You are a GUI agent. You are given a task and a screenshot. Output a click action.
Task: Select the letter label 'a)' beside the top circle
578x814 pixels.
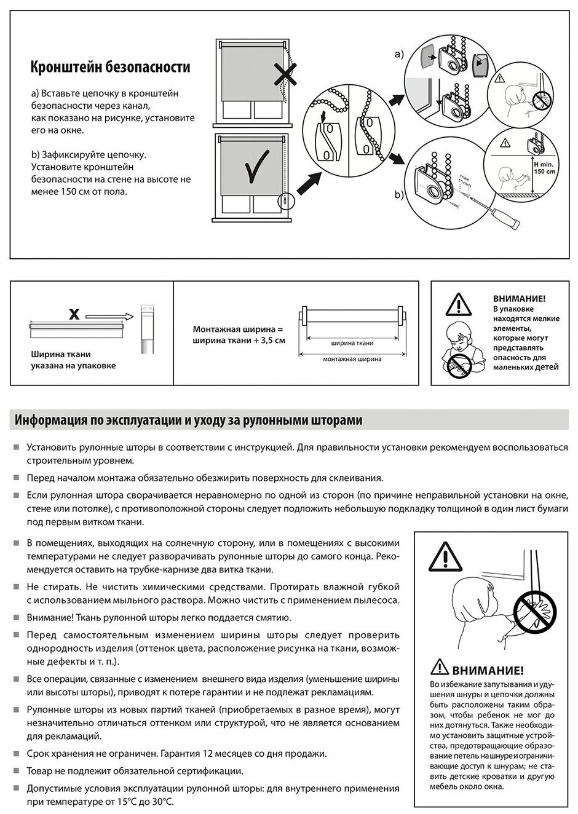(x=399, y=55)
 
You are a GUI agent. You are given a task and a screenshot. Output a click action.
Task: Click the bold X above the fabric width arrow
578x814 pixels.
(x=74, y=315)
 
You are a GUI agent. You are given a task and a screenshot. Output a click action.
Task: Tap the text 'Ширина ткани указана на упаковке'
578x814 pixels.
(x=73, y=360)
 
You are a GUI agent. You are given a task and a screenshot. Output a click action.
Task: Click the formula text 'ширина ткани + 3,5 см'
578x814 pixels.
(x=239, y=340)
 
